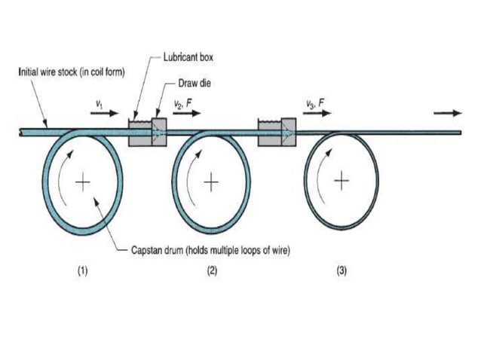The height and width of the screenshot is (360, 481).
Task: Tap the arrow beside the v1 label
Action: (x=104, y=113)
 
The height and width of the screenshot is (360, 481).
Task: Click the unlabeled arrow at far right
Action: (x=448, y=113)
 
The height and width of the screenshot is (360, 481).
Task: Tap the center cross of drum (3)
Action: (x=342, y=181)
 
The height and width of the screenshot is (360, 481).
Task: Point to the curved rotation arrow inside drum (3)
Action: (x=321, y=177)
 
